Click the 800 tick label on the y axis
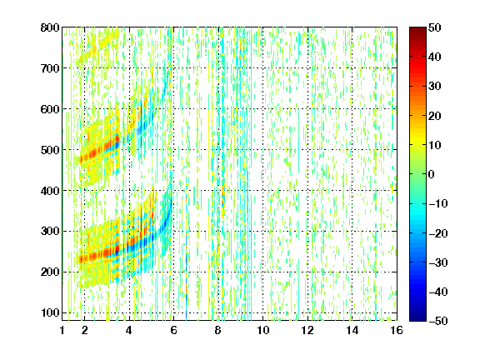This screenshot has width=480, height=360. [50, 27]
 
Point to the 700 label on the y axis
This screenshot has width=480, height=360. [50, 68]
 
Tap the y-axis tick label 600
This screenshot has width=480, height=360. [50, 109]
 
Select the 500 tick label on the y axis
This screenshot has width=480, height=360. [50, 150]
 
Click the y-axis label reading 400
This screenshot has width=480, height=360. [50, 191]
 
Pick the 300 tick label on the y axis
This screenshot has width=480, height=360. [50, 232]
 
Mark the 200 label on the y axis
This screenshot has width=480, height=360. [50, 272]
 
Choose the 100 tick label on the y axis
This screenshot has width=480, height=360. [50, 312]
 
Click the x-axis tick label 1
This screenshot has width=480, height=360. [62, 330]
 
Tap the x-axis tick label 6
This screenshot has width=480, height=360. [173, 330]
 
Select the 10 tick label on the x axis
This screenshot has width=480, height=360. [263, 330]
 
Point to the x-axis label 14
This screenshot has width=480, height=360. [352, 330]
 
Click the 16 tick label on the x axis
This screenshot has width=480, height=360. [397, 330]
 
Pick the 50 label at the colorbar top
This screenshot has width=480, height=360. [435, 27]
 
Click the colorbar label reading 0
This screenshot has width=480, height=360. [432, 174]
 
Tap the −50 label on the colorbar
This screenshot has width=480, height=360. [438, 321]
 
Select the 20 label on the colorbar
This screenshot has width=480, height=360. [435, 116]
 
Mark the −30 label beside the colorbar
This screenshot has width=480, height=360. [438, 262]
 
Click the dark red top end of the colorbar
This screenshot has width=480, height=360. [417, 31]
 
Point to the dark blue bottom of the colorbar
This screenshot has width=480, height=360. [417, 317]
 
